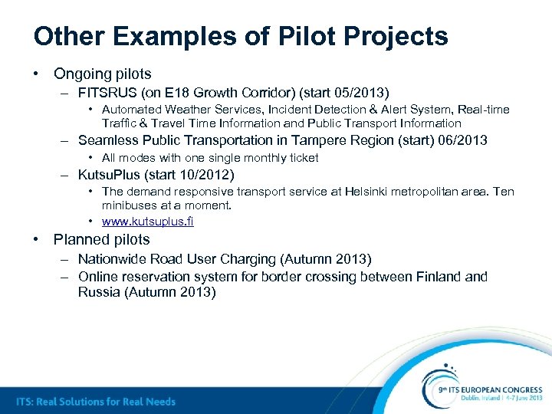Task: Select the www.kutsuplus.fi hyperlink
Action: [147, 222]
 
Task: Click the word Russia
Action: [99, 292]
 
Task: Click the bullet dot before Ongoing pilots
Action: [36, 74]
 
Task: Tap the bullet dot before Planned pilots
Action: [36, 239]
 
